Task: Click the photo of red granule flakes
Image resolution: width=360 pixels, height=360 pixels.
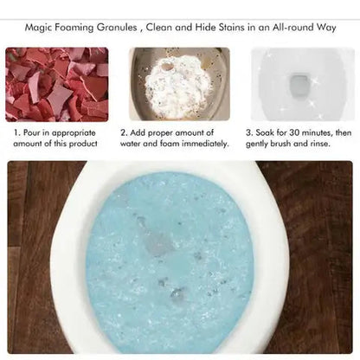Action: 57,84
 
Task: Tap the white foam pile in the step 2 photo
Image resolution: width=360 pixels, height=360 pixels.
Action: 178,86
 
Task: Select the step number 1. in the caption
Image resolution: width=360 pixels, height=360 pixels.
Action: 17,133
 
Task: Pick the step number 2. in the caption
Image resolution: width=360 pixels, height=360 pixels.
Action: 124,133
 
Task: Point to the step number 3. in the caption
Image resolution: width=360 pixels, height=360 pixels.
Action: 249,133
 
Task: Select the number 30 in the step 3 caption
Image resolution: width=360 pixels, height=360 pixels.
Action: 295,133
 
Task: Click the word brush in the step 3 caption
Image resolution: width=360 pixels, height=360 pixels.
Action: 280,144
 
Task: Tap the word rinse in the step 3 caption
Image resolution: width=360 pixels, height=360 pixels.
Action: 320,144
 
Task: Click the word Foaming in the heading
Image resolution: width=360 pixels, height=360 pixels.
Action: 74,28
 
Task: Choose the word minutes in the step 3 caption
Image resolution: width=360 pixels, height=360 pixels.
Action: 318,133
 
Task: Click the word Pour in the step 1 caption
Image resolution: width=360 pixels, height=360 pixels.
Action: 31,133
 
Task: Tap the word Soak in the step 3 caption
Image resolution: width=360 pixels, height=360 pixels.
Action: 265,133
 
